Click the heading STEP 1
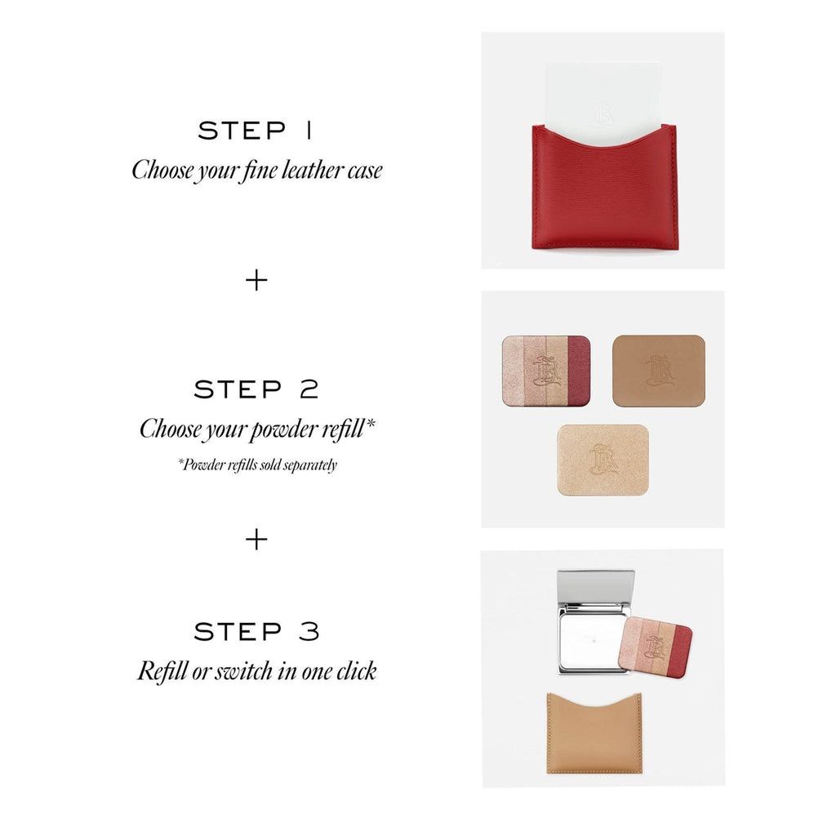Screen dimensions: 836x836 click(255, 131)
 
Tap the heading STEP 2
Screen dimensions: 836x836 click(256, 389)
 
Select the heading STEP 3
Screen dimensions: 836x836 click(256, 631)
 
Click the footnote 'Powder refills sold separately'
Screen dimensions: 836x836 click(257, 465)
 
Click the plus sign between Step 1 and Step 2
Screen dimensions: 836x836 click(256, 281)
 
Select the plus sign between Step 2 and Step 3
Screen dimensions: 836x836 click(256, 540)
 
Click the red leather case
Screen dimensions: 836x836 click(604, 192)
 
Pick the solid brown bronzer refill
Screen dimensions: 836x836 click(659, 371)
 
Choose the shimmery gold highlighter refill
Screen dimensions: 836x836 click(603, 460)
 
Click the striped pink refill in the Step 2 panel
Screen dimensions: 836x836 click(546, 370)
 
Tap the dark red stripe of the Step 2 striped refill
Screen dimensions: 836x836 click(579, 370)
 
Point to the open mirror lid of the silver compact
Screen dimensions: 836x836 click(595, 590)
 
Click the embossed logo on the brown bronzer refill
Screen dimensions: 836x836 click(659, 371)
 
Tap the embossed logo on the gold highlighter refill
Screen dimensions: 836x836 click(603, 460)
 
